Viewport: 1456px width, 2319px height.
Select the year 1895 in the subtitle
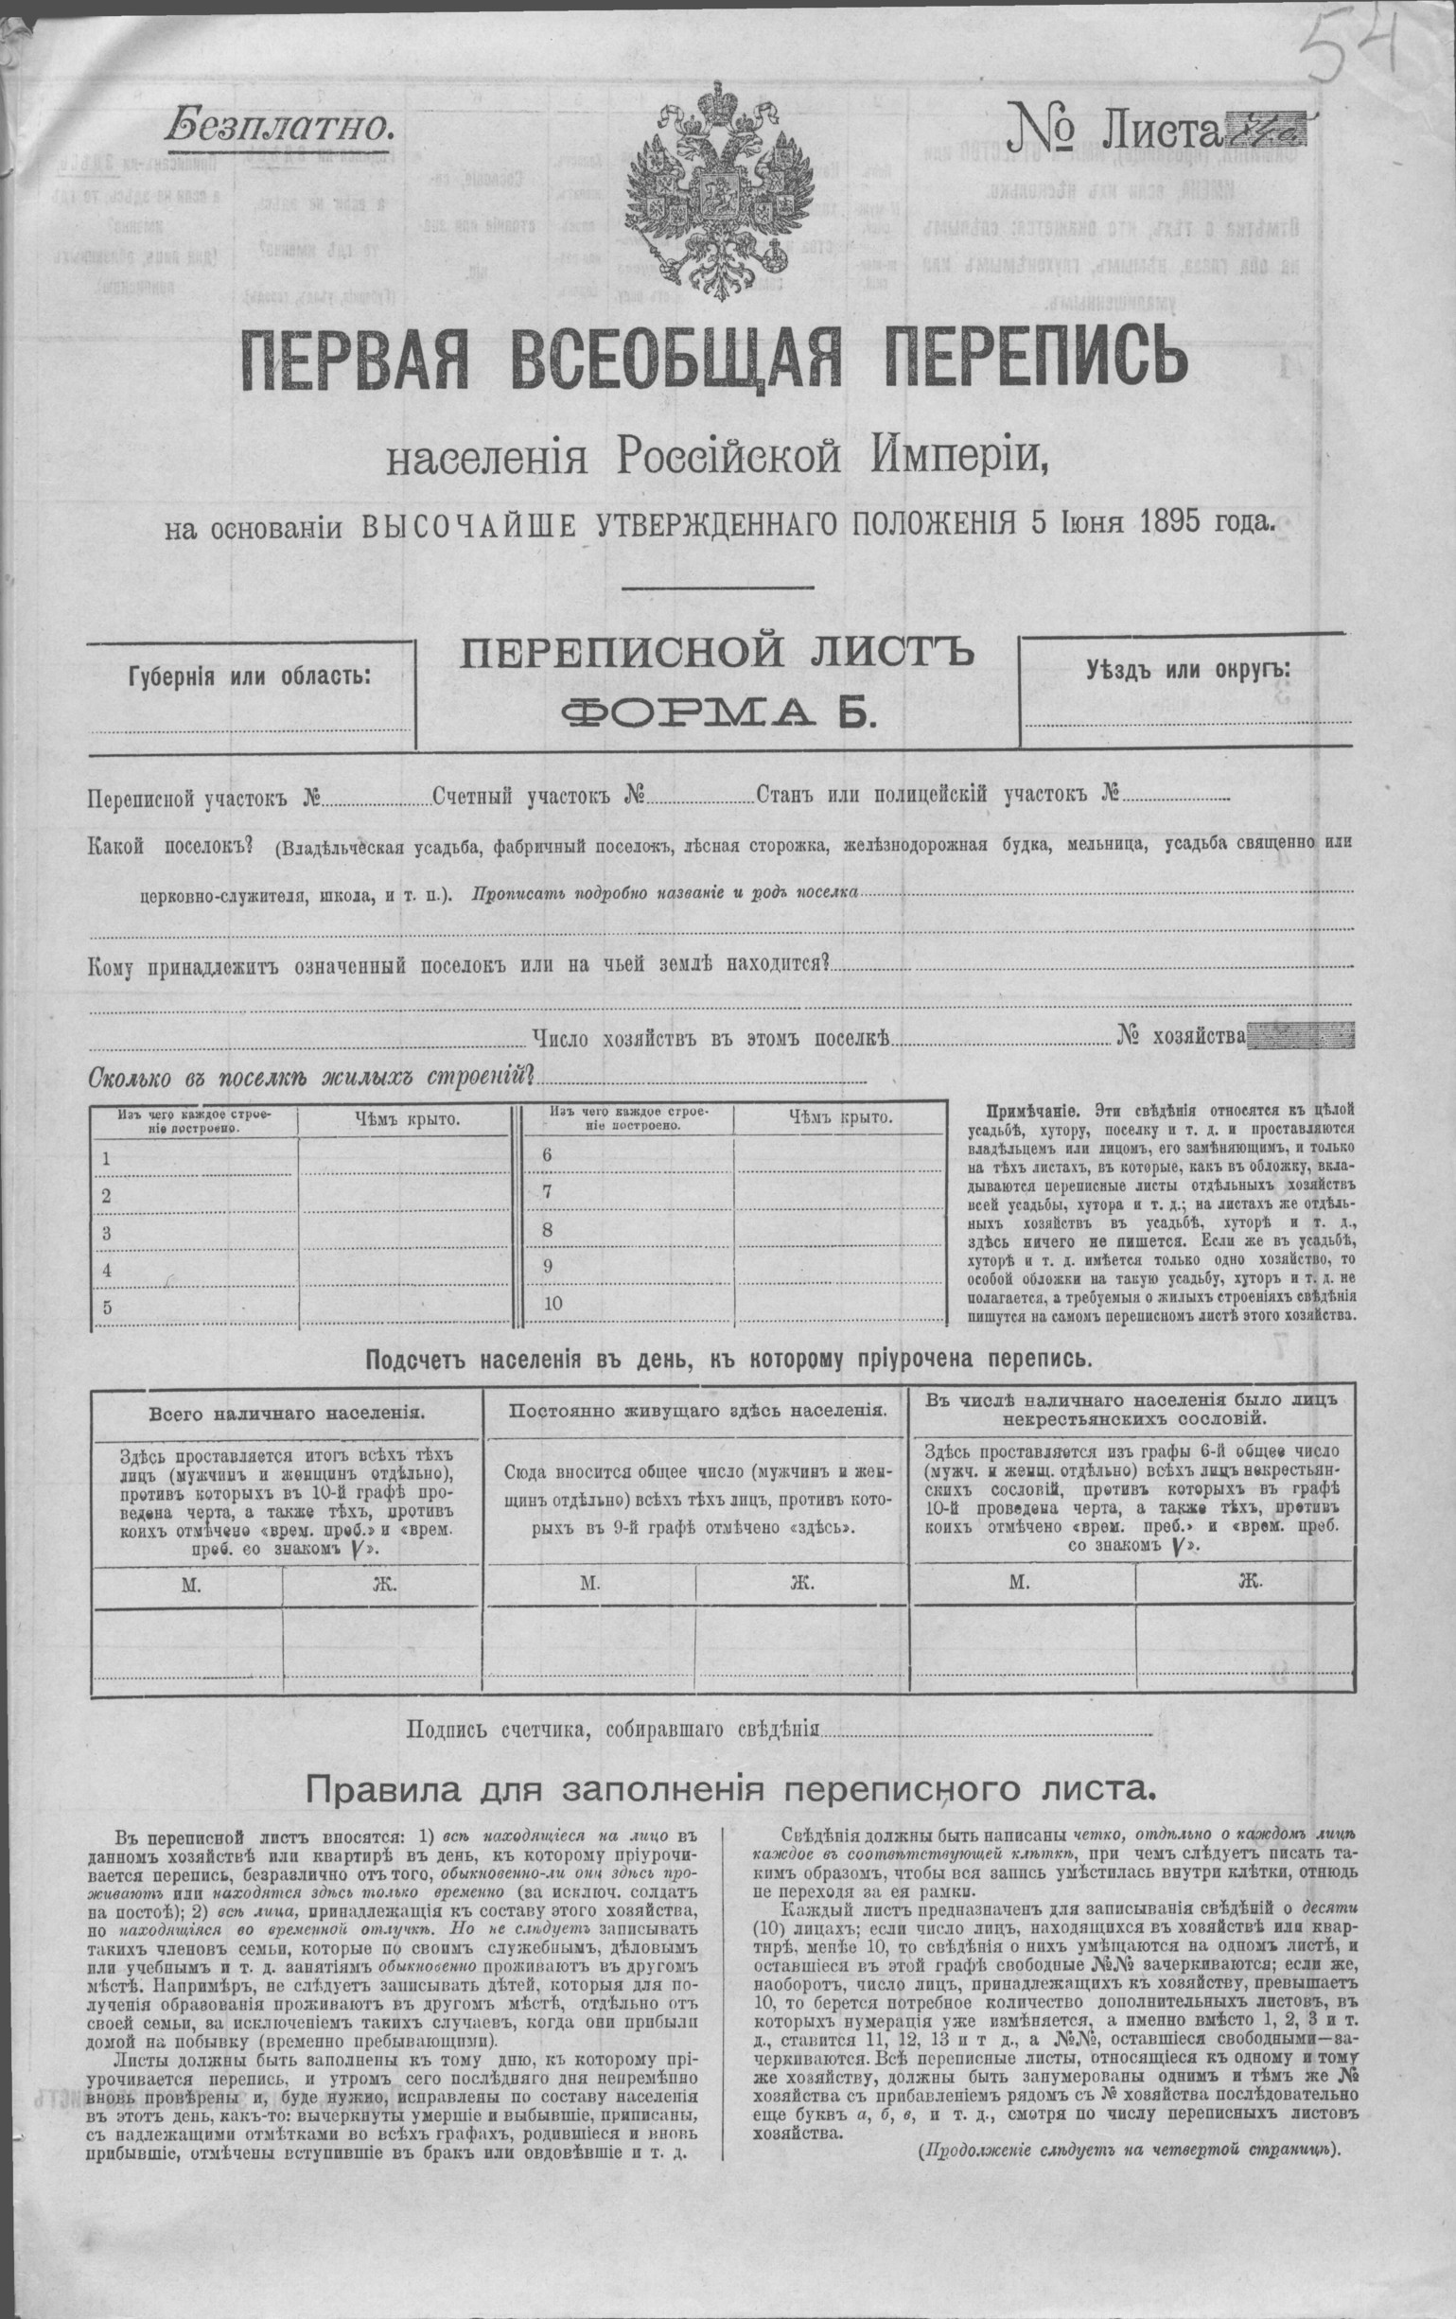(1171, 524)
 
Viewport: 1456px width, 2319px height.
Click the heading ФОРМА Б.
(716, 713)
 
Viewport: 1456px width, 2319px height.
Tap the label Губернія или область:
(249, 674)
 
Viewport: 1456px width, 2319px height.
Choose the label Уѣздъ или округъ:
(1188, 667)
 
